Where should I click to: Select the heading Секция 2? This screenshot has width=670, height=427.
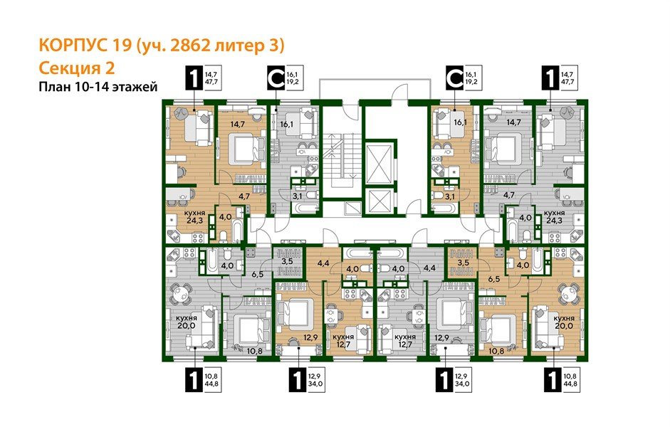pyautogui.click(x=75, y=68)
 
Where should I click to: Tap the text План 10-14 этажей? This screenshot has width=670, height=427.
pyautogui.click(x=97, y=87)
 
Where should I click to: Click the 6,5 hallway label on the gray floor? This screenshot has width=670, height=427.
pyautogui.click(x=258, y=273)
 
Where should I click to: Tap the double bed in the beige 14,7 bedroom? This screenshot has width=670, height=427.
pyautogui.click(x=241, y=150)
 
